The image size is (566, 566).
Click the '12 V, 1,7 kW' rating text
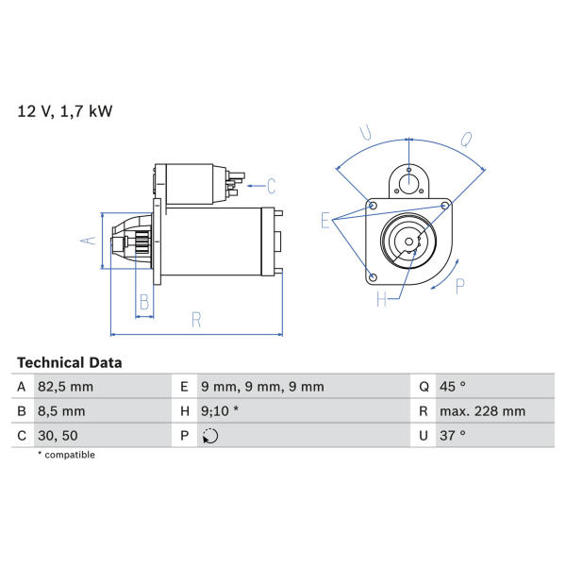click(65, 111)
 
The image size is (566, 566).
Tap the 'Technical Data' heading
click(69, 363)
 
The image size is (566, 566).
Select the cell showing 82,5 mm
click(66, 387)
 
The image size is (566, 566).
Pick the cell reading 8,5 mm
click(61, 411)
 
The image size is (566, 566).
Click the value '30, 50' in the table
click(58, 436)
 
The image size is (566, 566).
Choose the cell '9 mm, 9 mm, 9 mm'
click(262, 387)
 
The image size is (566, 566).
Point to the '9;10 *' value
click(220, 411)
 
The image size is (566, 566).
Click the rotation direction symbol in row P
click(210, 436)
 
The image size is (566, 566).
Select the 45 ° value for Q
click(453, 387)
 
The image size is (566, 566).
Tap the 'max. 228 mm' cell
click(482, 411)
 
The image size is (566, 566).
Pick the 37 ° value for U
click(453, 436)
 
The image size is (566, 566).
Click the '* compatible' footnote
click(66, 455)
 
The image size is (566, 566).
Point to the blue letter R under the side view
click(196, 320)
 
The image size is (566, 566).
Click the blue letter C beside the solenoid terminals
click(272, 186)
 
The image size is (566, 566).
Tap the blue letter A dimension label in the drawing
click(88, 240)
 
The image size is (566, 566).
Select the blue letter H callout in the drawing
click(381, 299)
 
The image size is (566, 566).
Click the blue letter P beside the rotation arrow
click(460, 286)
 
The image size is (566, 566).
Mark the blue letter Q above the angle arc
click(466, 140)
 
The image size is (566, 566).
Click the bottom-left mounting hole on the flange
click(374, 277)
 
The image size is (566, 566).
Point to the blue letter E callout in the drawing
click(325, 220)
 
